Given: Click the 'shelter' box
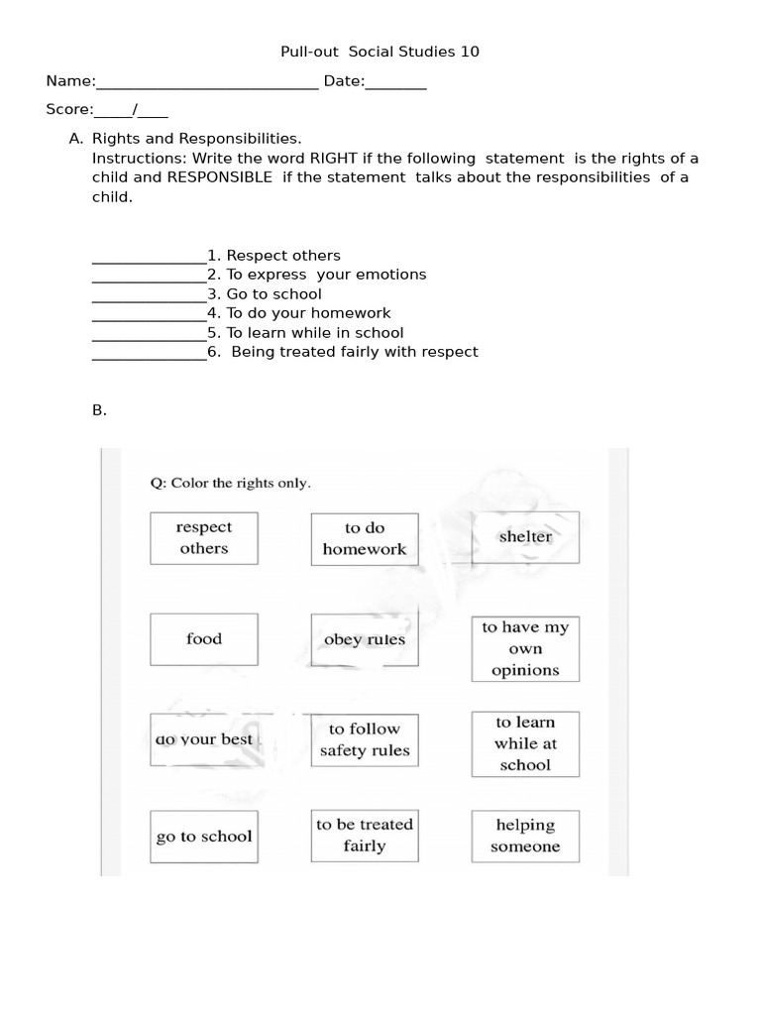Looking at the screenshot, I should click(x=525, y=537).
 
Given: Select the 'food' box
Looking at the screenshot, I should click(x=204, y=639).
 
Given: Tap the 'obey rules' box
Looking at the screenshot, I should click(x=365, y=639).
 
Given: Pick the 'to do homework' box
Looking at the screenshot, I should click(x=365, y=538).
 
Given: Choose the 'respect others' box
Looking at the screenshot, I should click(x=204, y=538).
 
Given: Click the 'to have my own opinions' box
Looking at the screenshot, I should click(x=525, y=649).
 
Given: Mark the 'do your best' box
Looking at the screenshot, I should click(x=204, y=740).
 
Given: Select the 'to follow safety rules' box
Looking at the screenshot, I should click(x=365, y=740).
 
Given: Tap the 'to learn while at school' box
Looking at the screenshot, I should click(x=525, y=743).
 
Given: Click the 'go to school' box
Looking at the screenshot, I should click(x=204, y=837).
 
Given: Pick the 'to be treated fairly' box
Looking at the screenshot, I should click(x=365, y=836).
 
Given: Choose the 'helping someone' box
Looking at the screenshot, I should click(x=525, y=836).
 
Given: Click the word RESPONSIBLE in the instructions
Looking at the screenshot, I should click(x=219, y=177).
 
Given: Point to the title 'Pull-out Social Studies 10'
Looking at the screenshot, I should click(x=380, y=52).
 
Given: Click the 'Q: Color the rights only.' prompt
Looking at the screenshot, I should click(x=230, y=484).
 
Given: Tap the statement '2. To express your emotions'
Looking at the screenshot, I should click(x=317, y=275).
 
